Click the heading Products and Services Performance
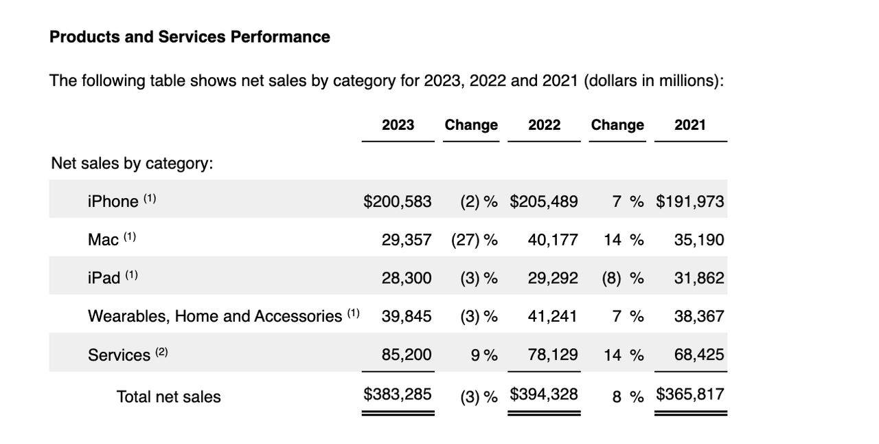coord(190,37)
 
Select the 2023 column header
coord(398,125)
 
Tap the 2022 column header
coord(544,125)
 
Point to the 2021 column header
coord(689,125)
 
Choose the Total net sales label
coord(168,397)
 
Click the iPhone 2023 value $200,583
coord(398,201)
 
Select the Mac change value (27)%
coord(474,240)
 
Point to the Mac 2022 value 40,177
coord(553,240)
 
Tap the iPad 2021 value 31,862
coord(699,278)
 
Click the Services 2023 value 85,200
coord(407,355)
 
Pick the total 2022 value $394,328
coord(544,395)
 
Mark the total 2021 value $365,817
coord(690,395)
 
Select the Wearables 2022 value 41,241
coord(553,316)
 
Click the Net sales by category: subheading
coord(132,164)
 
